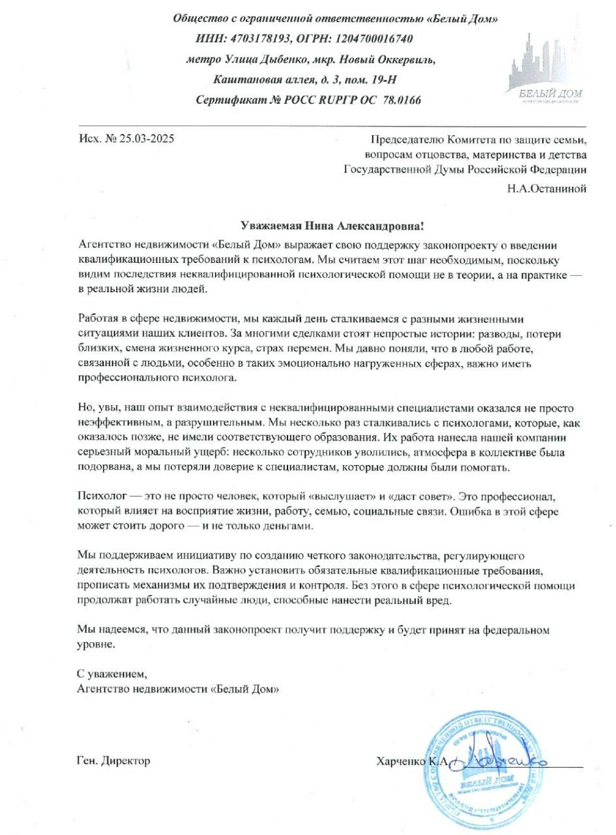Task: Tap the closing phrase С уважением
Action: [x=108, y=673]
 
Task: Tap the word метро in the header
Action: [x=203, y=59]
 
